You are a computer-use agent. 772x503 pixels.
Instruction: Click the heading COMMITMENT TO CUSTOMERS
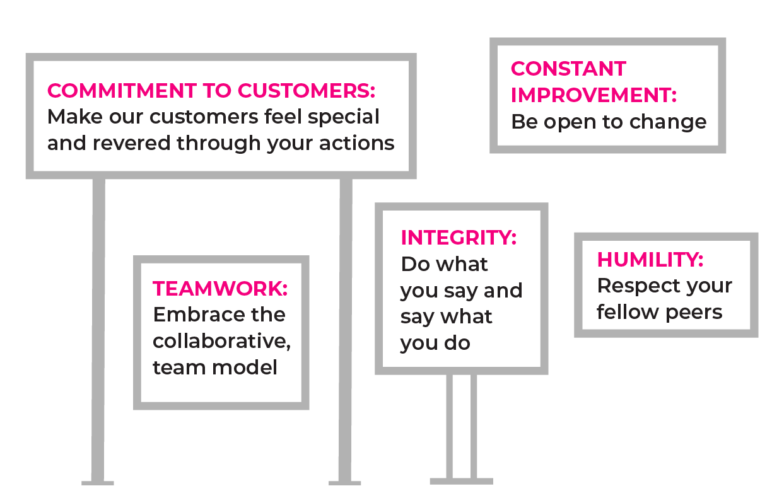(x=211, y=91)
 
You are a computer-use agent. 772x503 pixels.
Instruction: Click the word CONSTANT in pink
(x=568, y=69)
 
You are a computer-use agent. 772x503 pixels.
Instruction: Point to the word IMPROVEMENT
(x=594, y=95)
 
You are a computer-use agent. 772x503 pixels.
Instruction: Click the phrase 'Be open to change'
(x=609, y=122)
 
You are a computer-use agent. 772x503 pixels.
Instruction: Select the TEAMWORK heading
(x=220, y=289)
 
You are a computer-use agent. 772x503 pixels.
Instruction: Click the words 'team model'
(x=215, y=367)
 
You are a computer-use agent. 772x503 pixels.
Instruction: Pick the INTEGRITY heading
(x=459, y=238)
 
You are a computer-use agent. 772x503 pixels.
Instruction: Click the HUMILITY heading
(x=650, y=260)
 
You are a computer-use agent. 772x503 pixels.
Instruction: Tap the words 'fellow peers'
(x=659, y=312)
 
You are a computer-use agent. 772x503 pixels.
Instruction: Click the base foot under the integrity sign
(x=461, y=481)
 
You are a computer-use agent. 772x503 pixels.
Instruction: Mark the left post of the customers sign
(x=98, y=328)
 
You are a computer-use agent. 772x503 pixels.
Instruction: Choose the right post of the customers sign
(x=345, y=328)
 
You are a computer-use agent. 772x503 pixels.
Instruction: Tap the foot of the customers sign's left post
(x=98, y=483)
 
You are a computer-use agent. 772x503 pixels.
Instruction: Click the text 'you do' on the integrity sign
(x=435, y=344)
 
